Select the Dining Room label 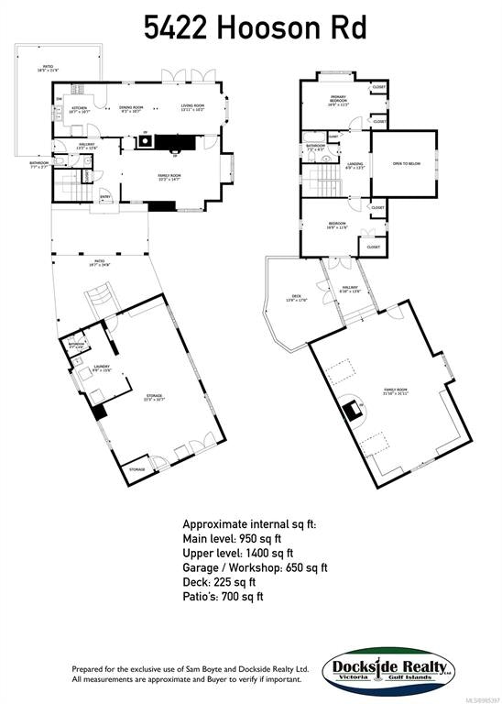point(131,108)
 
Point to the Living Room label point(191,108)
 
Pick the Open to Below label point(406,164)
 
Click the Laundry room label point(102,368)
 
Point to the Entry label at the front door point(104,196)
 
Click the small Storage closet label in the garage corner point(136,469)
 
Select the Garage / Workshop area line point(255,567)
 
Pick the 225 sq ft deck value point(239,582)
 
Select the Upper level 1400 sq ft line point(238,553)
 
